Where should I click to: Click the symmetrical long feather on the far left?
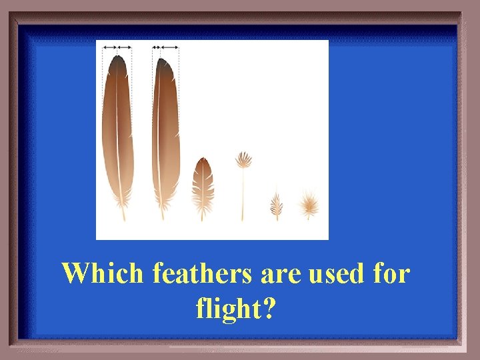(117, 133)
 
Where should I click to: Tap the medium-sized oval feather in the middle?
(202, 183)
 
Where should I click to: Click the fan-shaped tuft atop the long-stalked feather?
(243, 161)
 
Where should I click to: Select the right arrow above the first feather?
(125, 47)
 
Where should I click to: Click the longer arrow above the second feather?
(169, 47)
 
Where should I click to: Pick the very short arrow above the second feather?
(155, 47)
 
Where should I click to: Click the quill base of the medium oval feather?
(202, 217)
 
